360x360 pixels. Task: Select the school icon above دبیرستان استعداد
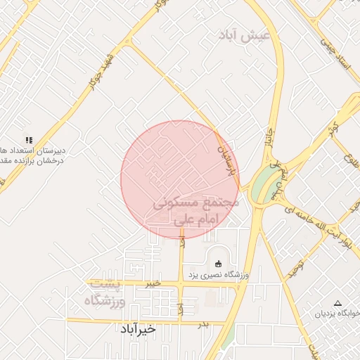pyautogui.click(x=28, y=140)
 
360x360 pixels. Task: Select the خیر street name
pyautogui.click(x=152, y=283)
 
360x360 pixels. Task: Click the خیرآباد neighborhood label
pyautogui.click(x=147, y=329)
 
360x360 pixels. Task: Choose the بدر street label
pyautogui.click(x=203, y=324)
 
